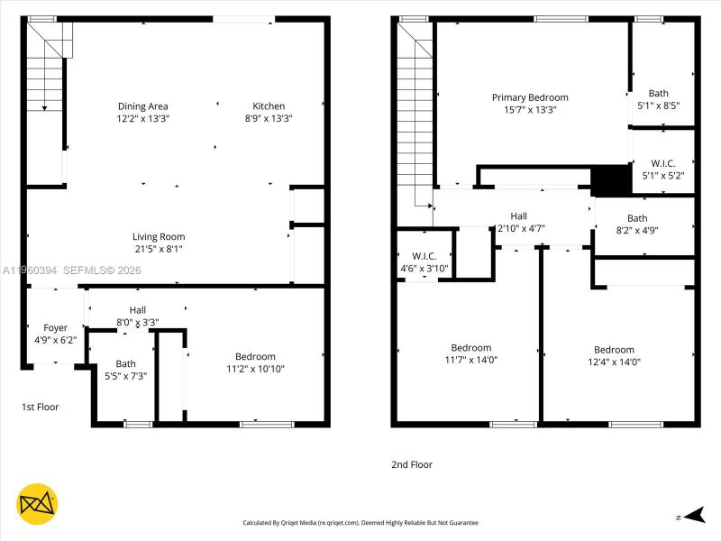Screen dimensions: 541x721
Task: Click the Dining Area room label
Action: [x=142, y=106]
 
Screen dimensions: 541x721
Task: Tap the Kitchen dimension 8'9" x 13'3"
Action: [x=269, y=118]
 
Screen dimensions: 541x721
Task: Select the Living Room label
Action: [x=159, y=237]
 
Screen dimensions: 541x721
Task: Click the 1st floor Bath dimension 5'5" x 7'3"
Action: [x=125, y=376]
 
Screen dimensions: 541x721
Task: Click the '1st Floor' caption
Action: [x=41, y=408]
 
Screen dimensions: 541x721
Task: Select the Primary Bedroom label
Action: [x=530, y=97]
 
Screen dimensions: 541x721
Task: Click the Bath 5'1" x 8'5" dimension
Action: [x=658, y=105]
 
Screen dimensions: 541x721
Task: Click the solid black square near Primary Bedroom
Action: [x=610, y=179]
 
